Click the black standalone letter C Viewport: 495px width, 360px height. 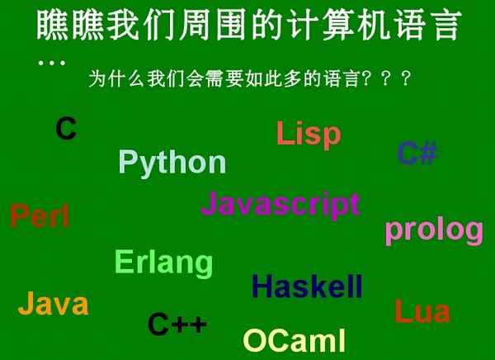(66, 128)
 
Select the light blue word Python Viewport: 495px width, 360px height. (172, 163)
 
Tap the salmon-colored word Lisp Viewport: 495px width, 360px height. (309, 135)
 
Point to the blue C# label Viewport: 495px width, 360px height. (417, 153)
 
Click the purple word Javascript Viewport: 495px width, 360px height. (280, 205)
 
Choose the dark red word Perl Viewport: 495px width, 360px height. (40, 216)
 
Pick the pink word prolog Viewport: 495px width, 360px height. (435, 231)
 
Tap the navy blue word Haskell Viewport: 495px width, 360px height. (307, 287)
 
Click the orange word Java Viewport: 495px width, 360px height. (54, 303)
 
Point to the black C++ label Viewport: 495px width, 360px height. (177, 324)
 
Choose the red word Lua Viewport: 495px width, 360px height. (422, 311)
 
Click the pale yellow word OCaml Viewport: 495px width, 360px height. (295, 340)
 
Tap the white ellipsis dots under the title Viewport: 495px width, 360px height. (52, 63)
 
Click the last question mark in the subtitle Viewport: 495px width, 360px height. (407, 78)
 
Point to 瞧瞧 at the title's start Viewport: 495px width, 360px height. (70, 25)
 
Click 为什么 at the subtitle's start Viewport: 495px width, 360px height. (116, 78)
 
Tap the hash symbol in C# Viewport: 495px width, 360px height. (428, 153)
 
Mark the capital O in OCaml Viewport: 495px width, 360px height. (255, 340)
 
